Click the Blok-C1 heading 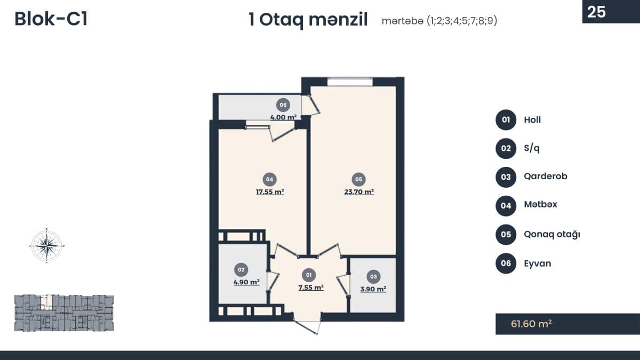coord(51,19)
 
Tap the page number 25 coord(597,12)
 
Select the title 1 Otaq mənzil coord(308,20)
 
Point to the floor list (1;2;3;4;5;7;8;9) coord(462,21)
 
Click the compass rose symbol coord(47,245)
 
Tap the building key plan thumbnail coord(64,313)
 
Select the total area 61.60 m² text coord(531,324)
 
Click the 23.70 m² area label coord(359,191)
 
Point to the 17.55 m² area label coord(270,191)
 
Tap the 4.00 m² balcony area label coord(283,117)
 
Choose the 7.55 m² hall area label coord(311,287)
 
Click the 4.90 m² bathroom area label coord(246,282)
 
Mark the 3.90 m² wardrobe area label coord(373,289)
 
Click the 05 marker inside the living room coord(358,179)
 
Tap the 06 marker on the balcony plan coord(283,105)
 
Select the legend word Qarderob coord(546,177)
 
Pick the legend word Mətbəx coord(541,204)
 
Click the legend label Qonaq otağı coord(552,234)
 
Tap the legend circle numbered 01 coord(506,119)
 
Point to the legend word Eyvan coord(538,263)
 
